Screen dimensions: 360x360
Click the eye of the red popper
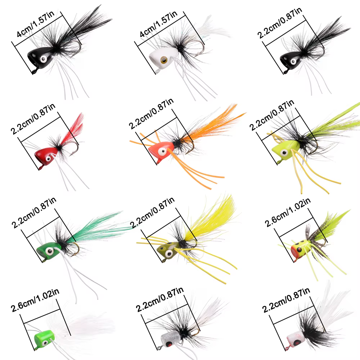(x=48, y=159)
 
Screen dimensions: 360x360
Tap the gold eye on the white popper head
(x=164, y=60)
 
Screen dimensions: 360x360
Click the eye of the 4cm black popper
(x=44, y=59)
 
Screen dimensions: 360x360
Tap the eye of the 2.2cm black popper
(x=293, y=61)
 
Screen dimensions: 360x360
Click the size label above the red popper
(x=33, y=119)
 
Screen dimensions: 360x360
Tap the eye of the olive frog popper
(x=169, y=254)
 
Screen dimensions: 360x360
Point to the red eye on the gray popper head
(x=169, y=344)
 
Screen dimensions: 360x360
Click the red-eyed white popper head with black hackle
(x=296, y=339)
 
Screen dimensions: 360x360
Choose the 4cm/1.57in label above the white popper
(x=158, y=24)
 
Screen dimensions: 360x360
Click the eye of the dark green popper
(x=49, y=251)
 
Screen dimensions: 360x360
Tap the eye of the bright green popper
(x=45, y=343)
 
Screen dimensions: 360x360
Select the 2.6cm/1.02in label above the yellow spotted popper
(x=287, y=212)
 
